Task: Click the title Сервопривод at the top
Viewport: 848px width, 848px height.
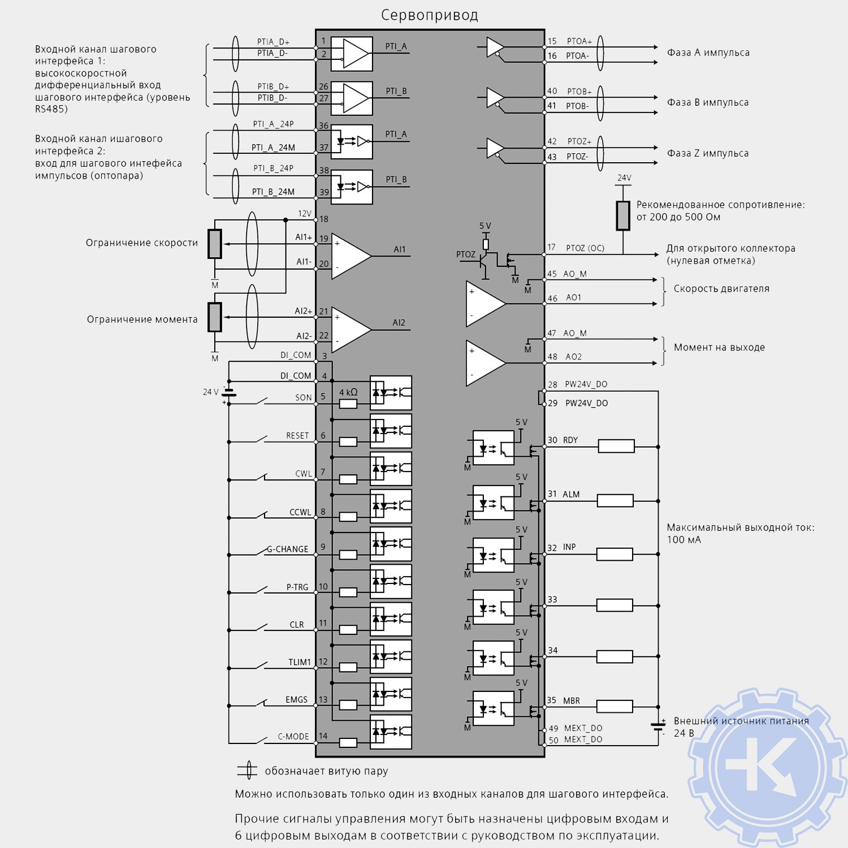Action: coord(429,15)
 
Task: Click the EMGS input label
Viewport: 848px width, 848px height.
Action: coord(296,700)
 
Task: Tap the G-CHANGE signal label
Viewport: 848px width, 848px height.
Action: coord(288,549)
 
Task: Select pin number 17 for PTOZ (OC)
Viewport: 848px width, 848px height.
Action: coord(552,248)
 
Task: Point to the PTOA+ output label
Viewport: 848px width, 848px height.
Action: coord(579,41)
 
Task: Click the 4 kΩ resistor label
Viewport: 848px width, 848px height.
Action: coord(348,392)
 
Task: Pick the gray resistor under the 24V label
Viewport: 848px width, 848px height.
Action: coord(623,215)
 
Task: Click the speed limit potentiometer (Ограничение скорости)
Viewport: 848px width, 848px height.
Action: coord(215,244)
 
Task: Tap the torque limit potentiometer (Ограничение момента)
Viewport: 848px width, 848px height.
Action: coord(215,317)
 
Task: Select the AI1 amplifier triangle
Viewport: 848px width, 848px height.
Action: coord(349,256)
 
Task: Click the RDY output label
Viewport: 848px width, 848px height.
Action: coord(570,440)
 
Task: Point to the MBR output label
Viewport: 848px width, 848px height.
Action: coord(572,700)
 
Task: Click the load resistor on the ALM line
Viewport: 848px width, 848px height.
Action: coord(615,500)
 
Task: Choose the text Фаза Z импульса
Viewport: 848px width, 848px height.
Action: coord(708,153)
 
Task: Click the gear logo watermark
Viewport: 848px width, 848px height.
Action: coord(768,769)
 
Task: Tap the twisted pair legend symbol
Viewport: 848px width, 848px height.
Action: coord(248,771)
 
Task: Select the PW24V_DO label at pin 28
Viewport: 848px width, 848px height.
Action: coord(586,384)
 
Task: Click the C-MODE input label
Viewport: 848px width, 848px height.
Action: coord(293,737)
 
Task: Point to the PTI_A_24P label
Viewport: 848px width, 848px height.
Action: coord(273,124)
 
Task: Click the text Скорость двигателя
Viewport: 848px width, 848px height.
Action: coord(721,288)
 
